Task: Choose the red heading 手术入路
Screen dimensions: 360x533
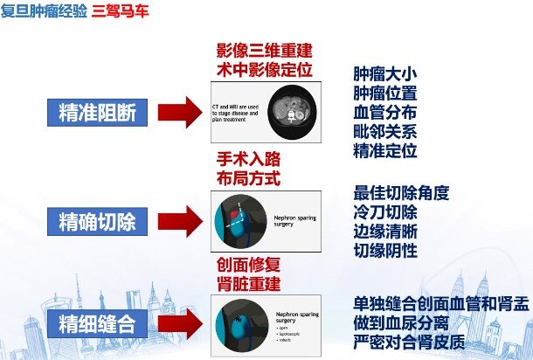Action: [247, 159]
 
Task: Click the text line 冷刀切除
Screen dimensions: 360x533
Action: [384, 212]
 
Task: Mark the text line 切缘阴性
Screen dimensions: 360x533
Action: [384, 252]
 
